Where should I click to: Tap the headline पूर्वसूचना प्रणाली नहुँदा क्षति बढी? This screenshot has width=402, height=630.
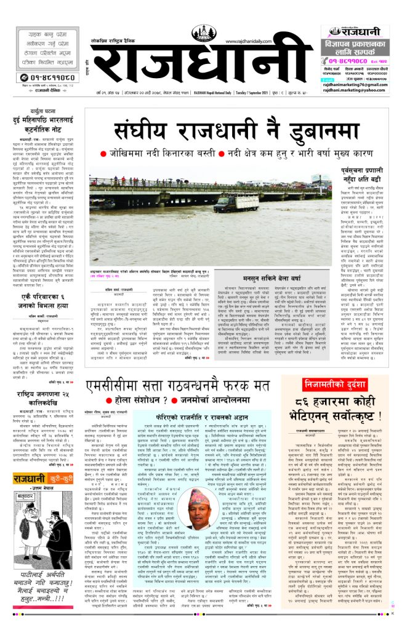point(357,175)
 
